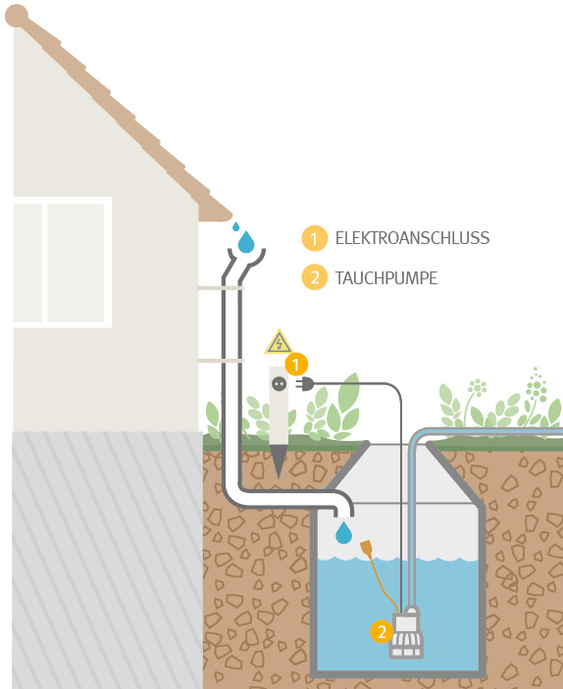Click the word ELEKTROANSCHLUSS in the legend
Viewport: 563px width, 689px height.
coord(412,238)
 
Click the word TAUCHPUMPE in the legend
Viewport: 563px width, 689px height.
coord(386,278)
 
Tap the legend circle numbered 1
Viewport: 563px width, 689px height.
coord(315,238)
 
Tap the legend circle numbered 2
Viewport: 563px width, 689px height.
coord(315,277)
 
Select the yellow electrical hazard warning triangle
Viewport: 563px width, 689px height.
coord(279,342)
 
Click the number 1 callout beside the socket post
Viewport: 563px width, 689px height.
coord(296,365)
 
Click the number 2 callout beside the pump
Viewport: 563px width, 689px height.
coord(382,631)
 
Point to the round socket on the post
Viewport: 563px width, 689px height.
coord(279,384)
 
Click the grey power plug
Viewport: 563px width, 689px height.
coord(305,384)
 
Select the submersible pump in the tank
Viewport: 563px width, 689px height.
coord(406,632)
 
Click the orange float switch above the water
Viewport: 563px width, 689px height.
coord(367,547)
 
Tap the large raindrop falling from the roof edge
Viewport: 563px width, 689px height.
coord(246,242)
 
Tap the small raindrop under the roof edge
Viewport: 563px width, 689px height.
coord(235,226)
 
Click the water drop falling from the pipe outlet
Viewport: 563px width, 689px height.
coord(343,532)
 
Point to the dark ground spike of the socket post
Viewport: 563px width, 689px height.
coord(279,461)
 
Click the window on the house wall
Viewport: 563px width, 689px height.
coord(63,263)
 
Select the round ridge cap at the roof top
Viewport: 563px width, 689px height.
coord(17,17)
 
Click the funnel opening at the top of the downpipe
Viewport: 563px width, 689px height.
coord(246,258)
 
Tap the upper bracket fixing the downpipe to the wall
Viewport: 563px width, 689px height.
coord(221,288)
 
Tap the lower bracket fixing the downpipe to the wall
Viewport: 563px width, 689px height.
coord(221,361)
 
